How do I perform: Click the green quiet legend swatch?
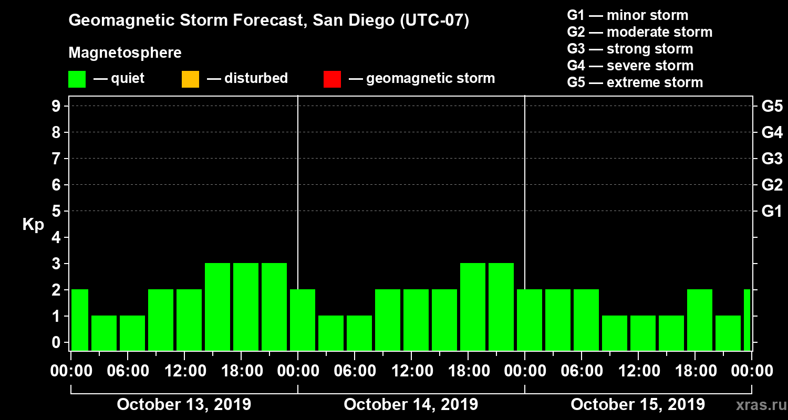pyautogui.click(x=77, y=79)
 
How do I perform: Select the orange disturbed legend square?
pyautogui.click(x=190, y=79)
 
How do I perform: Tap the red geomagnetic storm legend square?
pyautogui.click(x=332, y=79)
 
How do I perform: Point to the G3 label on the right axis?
pyautogui.click(x=772, y=159)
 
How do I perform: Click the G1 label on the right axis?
pyautogui.click(x=772, y=212)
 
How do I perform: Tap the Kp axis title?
pyautogui.click(x=33, y=225)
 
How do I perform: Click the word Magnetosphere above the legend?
pyautogui.click(x=125, y=53)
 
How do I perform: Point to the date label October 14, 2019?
pyautogui.click(x=411, y=405)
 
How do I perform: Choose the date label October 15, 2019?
pyautogui.click(x=638, y=405)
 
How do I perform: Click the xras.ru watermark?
pyautogui.click(x=758, y=405)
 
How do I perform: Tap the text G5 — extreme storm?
pyautogui.click(x=635, y=82)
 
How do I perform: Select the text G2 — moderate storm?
pyautogui.click(x=640, y=32)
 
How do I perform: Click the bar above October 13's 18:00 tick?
pyautogui.click(x=246, y=307)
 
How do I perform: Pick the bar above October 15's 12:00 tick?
pyautogui.click(x=643, y=333)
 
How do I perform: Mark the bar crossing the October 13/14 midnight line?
pyautogui.click(x=302, y=320)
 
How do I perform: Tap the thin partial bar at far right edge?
pyautogui.click(x=747, y=320)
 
